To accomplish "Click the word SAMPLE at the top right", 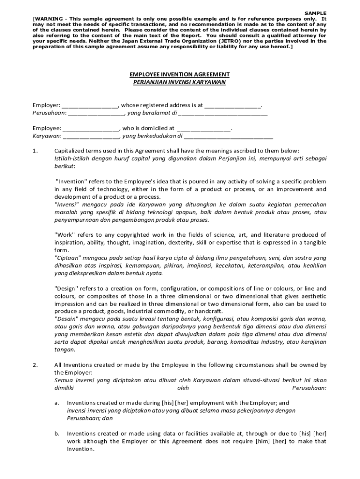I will point(316,13).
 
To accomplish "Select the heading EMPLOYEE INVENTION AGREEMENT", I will point(180,74).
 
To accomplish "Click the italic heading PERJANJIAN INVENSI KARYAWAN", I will point(180,82).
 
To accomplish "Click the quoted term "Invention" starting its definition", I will point(72,181).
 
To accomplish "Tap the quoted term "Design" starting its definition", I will point(68,289).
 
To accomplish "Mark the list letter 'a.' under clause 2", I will point(57,403).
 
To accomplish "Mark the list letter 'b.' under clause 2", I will point(57,434).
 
